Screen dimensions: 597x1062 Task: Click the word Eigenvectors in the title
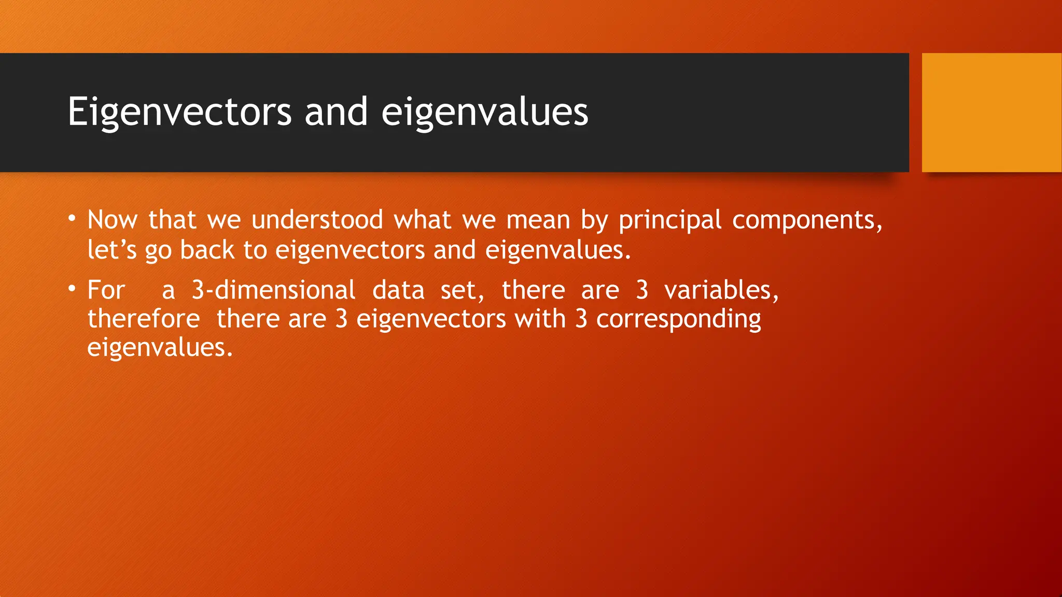click(179, 112)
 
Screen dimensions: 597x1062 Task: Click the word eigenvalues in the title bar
click(484, 112)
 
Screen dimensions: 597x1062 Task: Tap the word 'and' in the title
click(336, 112)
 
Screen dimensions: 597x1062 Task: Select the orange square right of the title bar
click(991, 112)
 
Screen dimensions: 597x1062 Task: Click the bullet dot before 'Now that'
click(72, 218)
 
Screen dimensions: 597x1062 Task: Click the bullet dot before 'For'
click(72, 288)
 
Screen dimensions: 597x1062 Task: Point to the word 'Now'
click(112, 220)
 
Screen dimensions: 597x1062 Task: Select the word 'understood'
click(317, 220)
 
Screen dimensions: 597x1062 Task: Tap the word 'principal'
click(669, 221)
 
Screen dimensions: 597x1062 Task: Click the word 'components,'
click(807, 221)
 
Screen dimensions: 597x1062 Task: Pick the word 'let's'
click(111, 250)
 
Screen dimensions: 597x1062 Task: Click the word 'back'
click(207, 250)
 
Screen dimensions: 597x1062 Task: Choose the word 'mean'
click(538, 220)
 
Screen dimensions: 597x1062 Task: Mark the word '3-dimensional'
click(273, 290)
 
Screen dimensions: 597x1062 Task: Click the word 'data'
click(398, 290)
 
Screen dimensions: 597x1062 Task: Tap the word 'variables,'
click(721, 290)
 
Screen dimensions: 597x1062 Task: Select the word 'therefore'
click(144, 319)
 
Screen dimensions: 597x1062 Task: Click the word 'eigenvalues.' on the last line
click(160, 348)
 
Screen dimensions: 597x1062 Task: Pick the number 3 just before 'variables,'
click(642, 290)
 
